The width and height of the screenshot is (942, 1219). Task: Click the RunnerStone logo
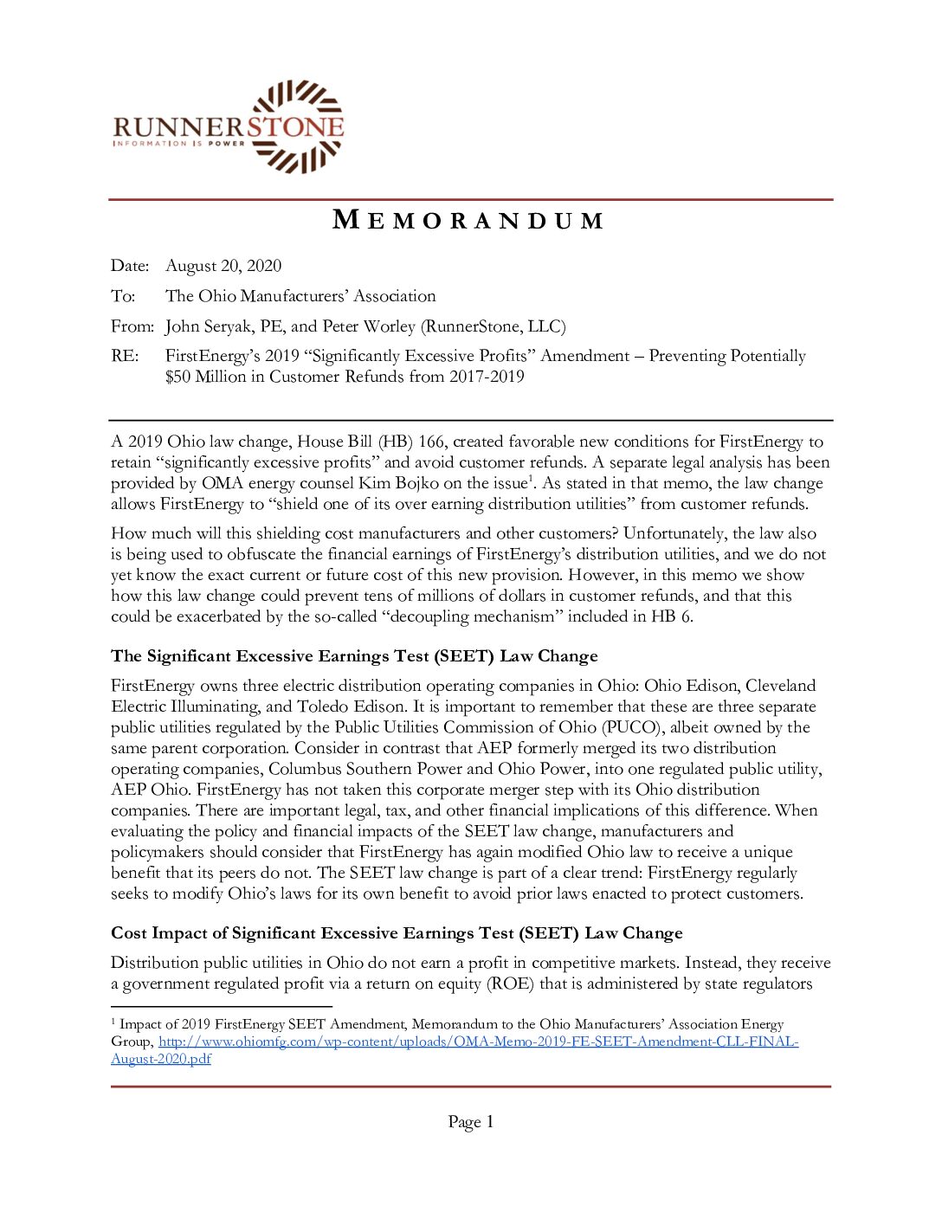229,127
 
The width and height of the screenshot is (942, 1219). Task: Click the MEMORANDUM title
468,220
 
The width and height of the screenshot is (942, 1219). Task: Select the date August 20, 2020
223,266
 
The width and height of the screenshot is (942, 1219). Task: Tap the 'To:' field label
123,296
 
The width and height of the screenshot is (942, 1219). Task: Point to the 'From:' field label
132,326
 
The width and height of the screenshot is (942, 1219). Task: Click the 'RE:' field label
125,356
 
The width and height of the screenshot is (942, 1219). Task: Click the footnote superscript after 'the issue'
531,478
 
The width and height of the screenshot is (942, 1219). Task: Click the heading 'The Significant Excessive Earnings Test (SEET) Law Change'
354,656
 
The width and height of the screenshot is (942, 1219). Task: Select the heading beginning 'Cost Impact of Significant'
397,933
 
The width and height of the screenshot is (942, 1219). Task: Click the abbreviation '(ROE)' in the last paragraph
511,984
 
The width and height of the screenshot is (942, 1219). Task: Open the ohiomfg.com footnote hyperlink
478,1042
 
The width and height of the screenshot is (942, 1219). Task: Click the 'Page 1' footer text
470,1122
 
